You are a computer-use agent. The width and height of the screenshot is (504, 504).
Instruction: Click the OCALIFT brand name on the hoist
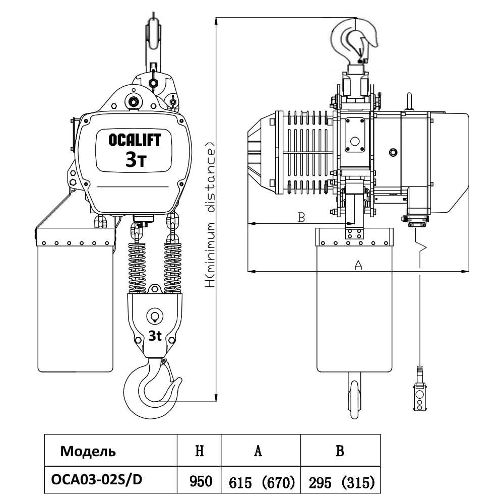coord(135,140)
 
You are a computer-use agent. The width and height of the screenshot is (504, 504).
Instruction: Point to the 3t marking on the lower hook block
coord(155,336)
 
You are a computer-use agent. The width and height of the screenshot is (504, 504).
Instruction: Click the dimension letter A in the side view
coord(358,265)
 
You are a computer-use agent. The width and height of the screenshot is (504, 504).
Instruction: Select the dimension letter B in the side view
coord(301,218)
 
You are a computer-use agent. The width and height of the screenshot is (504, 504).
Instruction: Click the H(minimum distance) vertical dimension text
coord(211,214)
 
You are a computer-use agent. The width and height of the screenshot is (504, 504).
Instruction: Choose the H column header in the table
coord(199,451)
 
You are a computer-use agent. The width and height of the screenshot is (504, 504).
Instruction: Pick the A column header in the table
coord(258,451)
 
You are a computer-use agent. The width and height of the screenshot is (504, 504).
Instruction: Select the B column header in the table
coord(340,451)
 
